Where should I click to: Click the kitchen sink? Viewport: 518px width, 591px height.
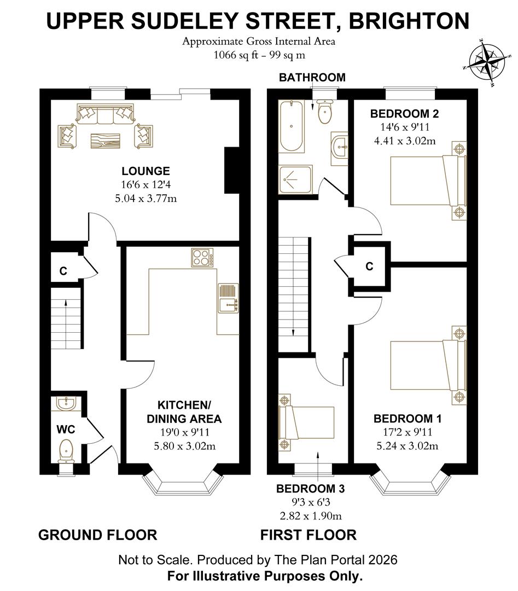point(228,299)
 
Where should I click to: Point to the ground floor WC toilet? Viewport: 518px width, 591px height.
point(67,450)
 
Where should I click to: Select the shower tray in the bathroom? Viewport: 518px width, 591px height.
point(295,179)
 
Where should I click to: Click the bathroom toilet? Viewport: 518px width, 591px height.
point(324,112)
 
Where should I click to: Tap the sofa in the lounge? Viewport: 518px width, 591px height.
point(106,114)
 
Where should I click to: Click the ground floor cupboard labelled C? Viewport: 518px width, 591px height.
point(64,270)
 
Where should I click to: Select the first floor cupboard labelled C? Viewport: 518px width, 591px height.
point(370,266)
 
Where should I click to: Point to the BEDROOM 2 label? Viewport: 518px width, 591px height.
point(404,114)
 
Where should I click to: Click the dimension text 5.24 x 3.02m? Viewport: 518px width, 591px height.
point(408,445)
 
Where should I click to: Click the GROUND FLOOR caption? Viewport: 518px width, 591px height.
point(97,535)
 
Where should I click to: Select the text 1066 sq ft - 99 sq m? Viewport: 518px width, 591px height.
point(259,54)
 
